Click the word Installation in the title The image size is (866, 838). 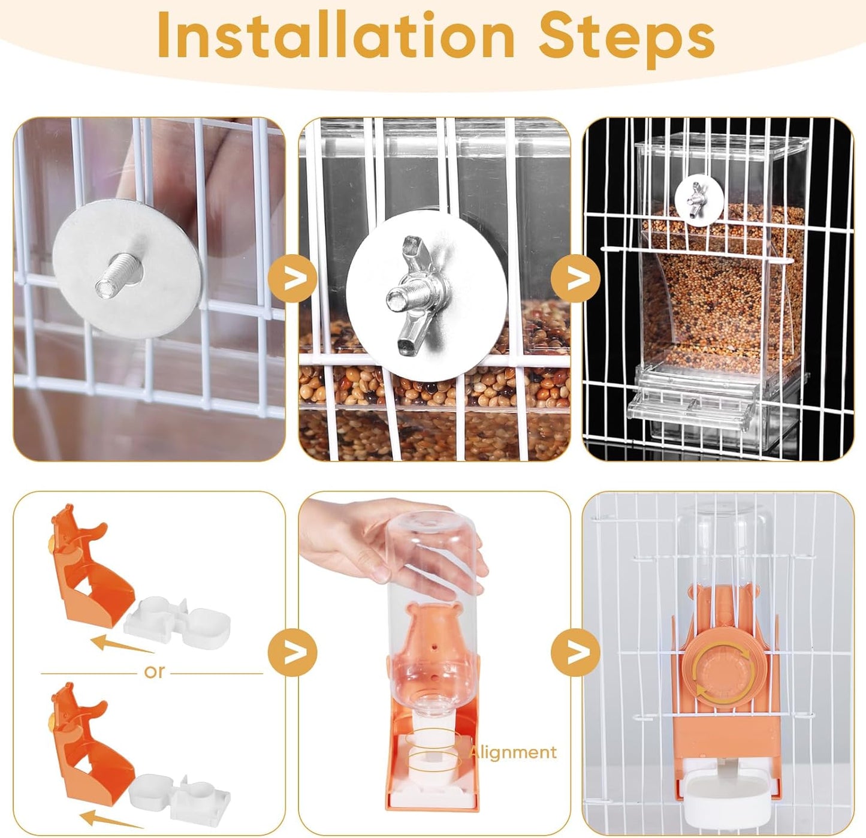(x=336, y=36)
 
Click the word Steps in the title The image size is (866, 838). (x=626, y=36)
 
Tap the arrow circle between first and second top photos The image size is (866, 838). (x=292, y=278)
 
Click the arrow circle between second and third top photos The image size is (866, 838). (x=575, y=278)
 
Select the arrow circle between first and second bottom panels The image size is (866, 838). (x=292, y=652)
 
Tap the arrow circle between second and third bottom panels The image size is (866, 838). (x=575, y=652)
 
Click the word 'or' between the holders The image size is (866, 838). (x=154, y=672)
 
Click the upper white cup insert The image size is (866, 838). (x=179, y=623)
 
